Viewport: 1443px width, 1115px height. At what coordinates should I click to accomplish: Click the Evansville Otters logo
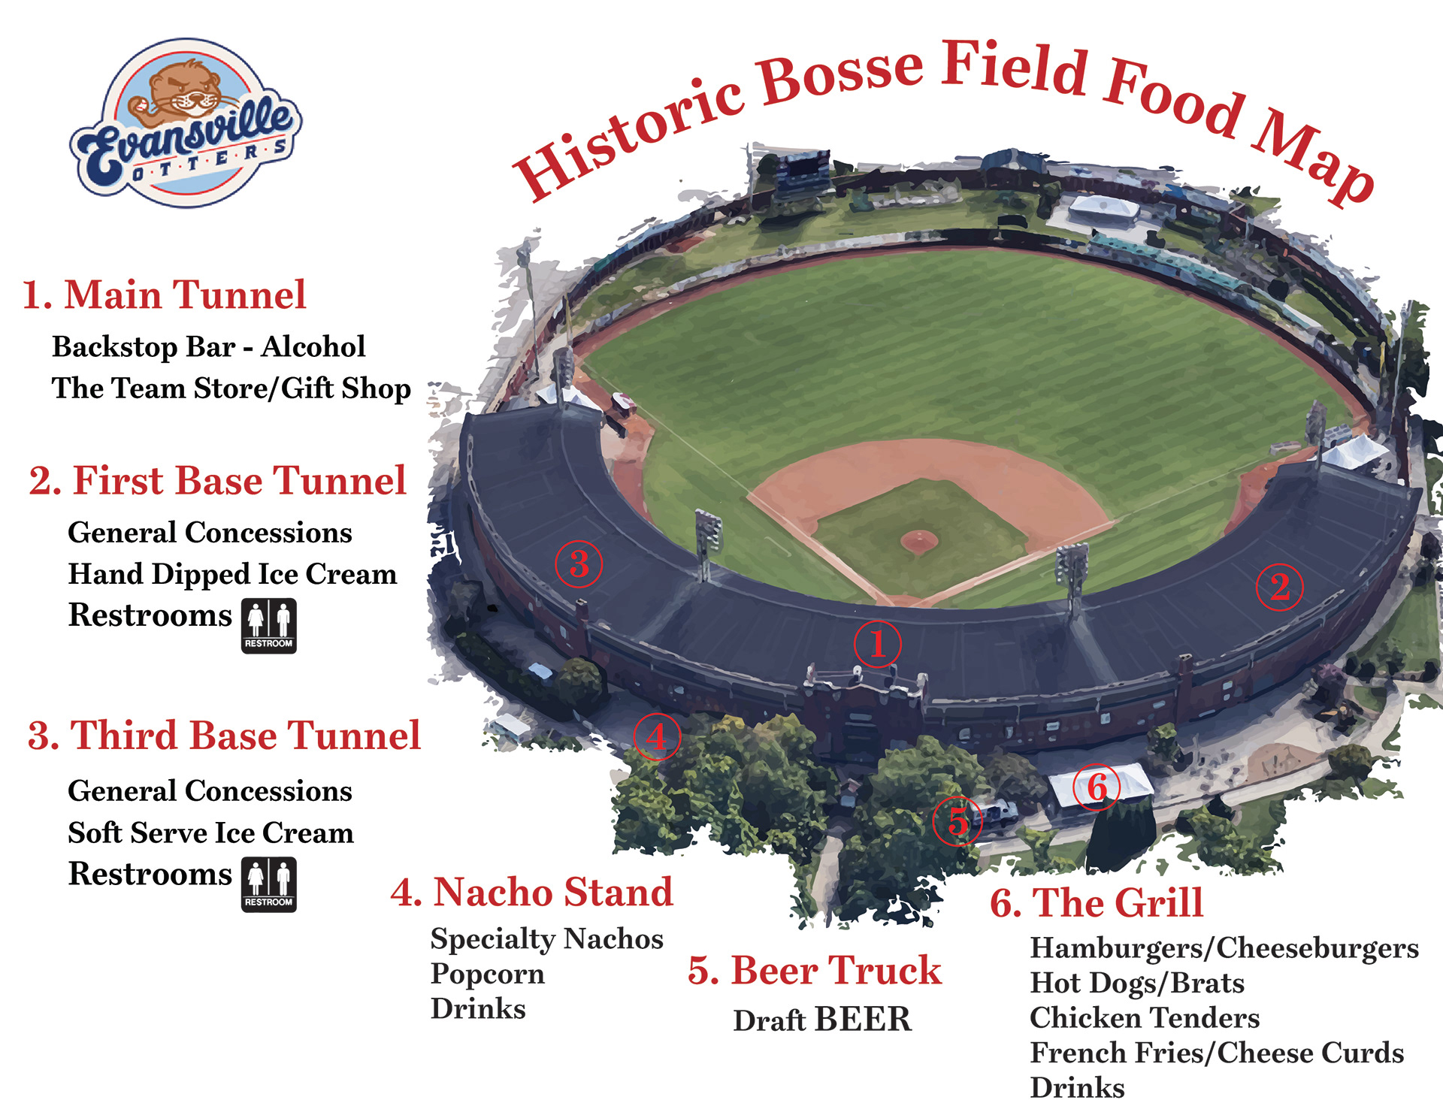[x=186, y=122]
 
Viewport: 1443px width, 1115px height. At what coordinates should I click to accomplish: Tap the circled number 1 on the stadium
[x=877, y=644]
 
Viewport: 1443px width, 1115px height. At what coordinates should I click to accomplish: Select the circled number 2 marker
[x=1280, y=588]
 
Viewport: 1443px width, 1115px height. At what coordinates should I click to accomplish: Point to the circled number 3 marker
[x=579, y=564]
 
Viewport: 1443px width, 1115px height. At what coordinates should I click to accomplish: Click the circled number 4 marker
[x=657, y=736]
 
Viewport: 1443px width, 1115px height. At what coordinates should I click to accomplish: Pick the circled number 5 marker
[x=957, y=821]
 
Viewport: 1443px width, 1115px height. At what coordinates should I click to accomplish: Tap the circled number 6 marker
[x=1097, y=787]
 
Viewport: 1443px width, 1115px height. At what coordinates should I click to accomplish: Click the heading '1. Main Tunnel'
[x=164, y=295]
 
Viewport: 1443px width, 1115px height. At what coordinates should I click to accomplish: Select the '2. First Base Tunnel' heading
[x=217, y=481]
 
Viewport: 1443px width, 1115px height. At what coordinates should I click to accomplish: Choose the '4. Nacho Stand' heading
[x=531, y=893]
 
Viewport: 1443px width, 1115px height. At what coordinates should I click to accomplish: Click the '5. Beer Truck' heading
[x=814, y=970]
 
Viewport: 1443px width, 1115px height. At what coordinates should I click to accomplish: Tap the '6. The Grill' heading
[x=1097, y=902]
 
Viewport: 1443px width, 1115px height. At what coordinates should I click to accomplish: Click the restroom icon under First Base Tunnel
[x=268, y=626]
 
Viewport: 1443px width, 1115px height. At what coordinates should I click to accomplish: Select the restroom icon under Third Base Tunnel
[x=268, y=884]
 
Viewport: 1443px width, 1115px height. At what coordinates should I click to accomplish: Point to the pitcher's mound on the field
[x=918, y=539]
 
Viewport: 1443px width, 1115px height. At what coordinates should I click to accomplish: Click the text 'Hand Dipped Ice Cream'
[x=232, y=574]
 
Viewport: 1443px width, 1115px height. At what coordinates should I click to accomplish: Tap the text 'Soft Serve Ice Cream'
[x=210, y=832]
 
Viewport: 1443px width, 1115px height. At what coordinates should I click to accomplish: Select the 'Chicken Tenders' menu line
[x=1144, y=1018]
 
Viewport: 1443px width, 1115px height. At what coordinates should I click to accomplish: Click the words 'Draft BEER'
[x=822, y=1020]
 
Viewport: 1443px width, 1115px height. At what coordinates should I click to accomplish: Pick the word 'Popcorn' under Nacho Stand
[x=487, y=974]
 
